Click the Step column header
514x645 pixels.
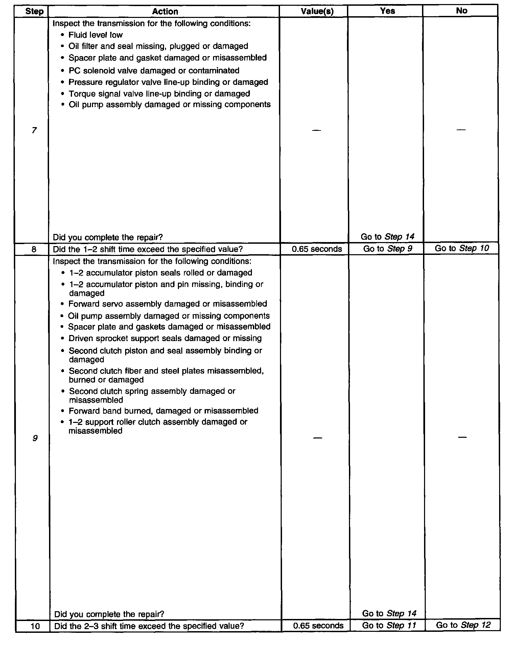tap(34, 11)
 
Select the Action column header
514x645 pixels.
tap(165, 11)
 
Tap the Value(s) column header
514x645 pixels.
tap(317, 11)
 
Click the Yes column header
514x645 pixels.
tap(387, 11)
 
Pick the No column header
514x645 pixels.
tap(461, 11)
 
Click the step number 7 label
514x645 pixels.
tap(34, 130)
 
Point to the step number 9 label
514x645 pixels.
tap(35, 438)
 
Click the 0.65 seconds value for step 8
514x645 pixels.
tap(317, 249)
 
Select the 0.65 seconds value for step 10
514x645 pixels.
tap(318, 626)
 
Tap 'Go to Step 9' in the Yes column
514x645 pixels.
tap(388, 249)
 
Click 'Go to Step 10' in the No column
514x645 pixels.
tap(462, 248)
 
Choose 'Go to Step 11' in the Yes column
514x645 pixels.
tap(389, 625)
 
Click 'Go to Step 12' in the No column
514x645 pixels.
tap(463, 625)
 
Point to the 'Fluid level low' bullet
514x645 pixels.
tap(95, 35)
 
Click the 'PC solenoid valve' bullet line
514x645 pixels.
tap(154, 71)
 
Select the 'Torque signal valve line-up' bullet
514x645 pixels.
tap(159, 94)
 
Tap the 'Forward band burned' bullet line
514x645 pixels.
tap(163, 411)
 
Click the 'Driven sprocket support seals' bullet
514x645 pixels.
tap(165, 338)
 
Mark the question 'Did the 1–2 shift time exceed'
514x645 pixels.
tap(148, 249)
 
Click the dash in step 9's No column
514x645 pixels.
tap(462, 437)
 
